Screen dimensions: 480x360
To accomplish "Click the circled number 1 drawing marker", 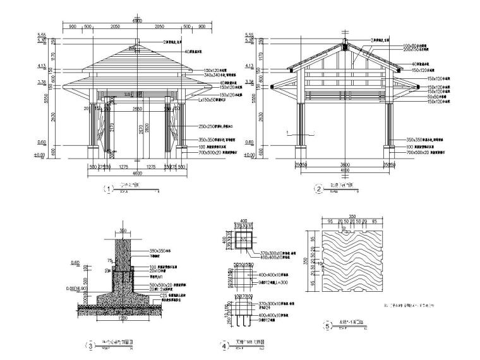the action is (x=109, y=188).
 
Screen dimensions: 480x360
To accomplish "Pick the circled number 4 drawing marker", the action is (x=225, y=345).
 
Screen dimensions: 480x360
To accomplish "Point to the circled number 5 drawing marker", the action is (x=326, y=327).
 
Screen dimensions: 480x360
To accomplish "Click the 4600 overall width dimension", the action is (x=137, y=172).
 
